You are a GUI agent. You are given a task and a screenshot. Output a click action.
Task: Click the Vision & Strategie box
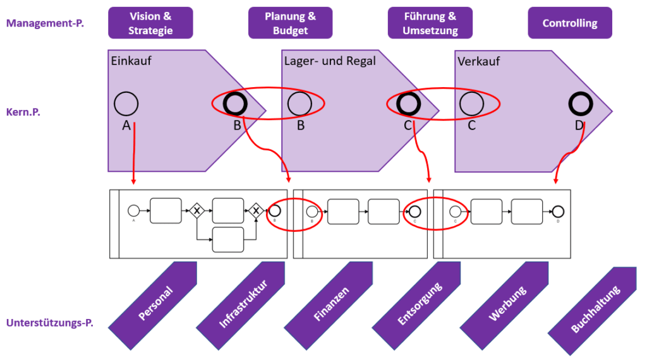point(150,23)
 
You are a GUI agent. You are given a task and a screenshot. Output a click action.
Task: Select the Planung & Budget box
point(291,23)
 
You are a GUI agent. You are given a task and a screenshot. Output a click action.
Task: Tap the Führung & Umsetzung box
point(430,23)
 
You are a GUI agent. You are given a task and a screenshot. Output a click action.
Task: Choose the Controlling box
point(570,23)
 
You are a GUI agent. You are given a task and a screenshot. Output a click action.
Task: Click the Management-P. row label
point(45,23)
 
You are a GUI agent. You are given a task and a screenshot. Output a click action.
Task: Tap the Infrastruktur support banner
point(243,306)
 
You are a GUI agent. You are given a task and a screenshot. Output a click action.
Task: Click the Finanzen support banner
point(330,306)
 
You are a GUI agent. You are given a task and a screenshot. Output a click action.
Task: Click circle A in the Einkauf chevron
point(126,103)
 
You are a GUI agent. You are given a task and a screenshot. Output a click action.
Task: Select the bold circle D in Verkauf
point(580,103)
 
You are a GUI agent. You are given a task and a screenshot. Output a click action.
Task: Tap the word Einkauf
point(131,61)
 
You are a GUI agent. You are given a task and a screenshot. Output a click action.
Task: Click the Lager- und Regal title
point(330,61)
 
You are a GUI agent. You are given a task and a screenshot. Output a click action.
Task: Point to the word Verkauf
point(478,61)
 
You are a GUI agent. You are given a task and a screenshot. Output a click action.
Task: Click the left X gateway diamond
point(196,210)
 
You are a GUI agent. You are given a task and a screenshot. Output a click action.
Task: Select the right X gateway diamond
point(256,210)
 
